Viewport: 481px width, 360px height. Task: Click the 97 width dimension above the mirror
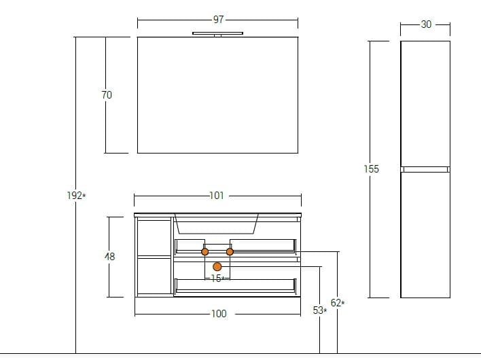pyautogui.click(x=218, y=20)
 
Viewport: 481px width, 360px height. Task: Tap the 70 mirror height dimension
pyautogui.click(x=107, y=94)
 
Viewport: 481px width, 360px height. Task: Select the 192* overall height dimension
pyautogui.click(x=76, y=196)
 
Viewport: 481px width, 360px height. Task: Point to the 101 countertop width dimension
pyautogui.click(x=217, y=196)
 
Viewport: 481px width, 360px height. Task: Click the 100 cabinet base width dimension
pyautogui.click(x=219, y=314)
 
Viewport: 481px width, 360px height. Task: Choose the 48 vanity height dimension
pyautogui.click(x=109, y=256)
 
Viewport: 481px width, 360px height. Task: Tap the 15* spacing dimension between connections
pyautogui.click(x=217, y=278)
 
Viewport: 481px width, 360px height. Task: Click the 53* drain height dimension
pyautogui.click(x=319, y=310)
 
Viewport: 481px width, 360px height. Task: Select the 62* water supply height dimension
pyautogui.click(x=338, y=303)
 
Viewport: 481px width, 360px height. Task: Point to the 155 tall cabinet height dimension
pyautogui.click(x=371, y=169)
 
